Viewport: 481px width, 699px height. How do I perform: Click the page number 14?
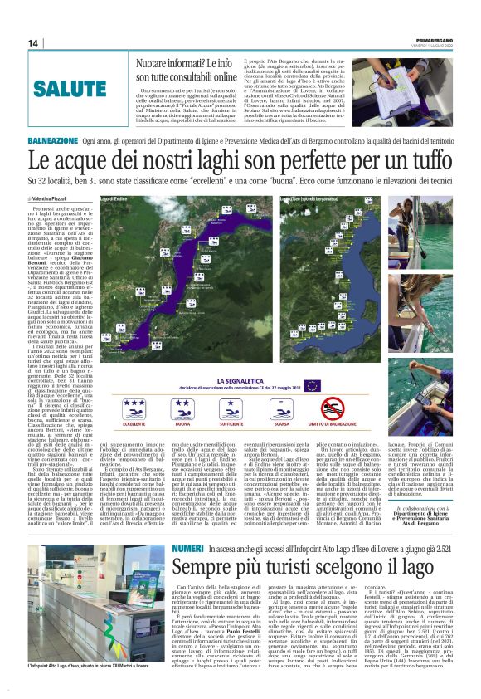click(x=33, y=43)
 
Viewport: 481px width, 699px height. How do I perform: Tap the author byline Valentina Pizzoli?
click(x=52, y=199)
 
